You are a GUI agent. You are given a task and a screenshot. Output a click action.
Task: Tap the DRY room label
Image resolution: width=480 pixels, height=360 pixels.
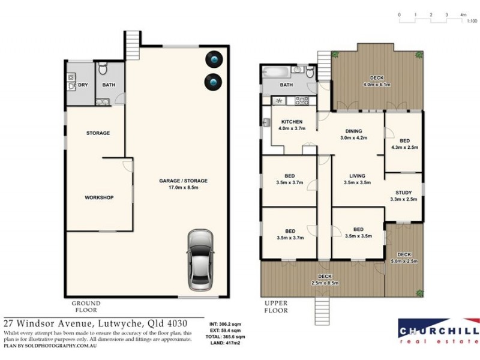(83, 85)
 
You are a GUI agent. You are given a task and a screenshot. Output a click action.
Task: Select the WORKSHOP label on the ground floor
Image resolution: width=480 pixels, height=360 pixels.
(99, 197)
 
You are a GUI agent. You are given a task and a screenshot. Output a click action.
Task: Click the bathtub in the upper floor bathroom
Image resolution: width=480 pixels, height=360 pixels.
(277, 74)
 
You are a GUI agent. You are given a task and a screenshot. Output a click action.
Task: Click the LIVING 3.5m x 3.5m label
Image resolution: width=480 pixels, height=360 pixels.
(357, 179)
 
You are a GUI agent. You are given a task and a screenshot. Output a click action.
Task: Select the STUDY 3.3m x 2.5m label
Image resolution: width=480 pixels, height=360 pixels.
(403, 196)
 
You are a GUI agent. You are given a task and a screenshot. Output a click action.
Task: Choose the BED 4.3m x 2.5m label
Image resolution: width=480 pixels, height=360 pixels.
(404, 143)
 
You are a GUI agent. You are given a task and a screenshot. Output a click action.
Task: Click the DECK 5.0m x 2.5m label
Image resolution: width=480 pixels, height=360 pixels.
(404, 258)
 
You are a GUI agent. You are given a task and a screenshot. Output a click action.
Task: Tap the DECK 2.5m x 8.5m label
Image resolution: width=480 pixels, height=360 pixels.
(325, 279)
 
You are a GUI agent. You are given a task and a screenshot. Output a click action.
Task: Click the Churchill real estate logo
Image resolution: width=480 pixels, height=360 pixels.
(439, 331)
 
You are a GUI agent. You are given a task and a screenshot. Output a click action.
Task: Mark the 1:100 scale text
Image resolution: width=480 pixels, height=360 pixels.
(472, 22)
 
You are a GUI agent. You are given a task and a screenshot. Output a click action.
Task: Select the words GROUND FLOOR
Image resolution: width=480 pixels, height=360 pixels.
(86, 307)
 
